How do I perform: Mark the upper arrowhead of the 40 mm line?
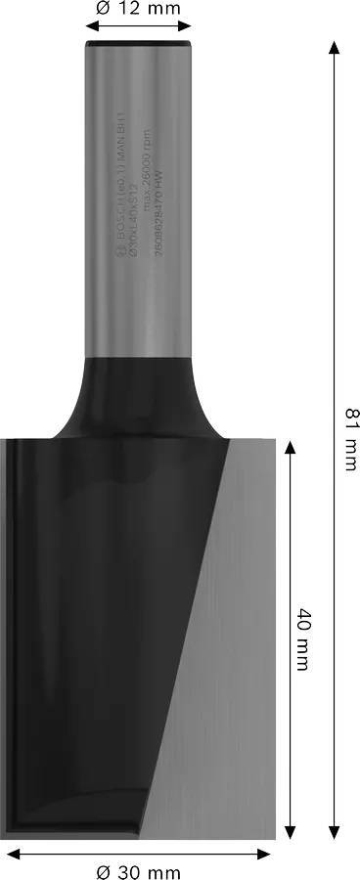tap(289, 447)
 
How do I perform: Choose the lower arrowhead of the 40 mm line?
tap(289, 834)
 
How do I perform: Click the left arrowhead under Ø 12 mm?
tap(89, 30)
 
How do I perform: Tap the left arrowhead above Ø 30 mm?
tap(8, 854)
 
